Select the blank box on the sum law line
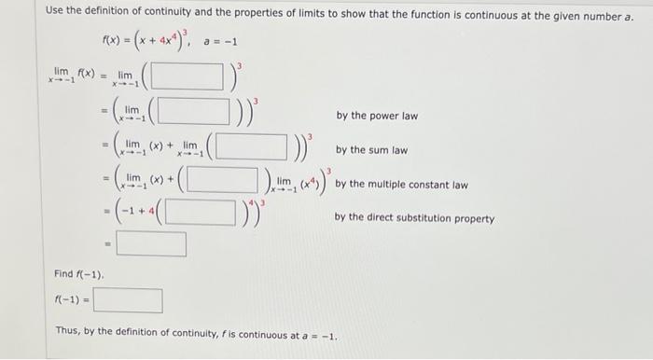coord(247,147)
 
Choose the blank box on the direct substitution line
coord(201,213)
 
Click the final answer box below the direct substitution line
coord(151,245)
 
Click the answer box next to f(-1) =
coord(128,301)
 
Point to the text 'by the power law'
coord(377,117)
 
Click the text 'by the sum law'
coord(371,150)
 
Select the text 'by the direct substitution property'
coord(414,219)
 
